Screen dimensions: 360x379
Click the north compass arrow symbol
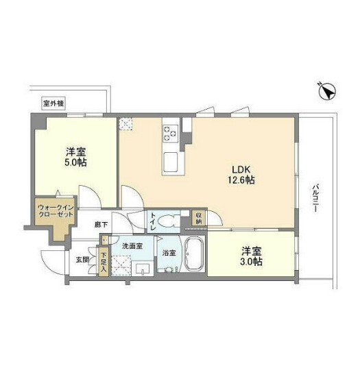click(x=327, y=91)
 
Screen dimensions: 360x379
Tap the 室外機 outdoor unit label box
click(x=53, y=103)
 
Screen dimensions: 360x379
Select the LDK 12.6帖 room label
click(x=241, y=175)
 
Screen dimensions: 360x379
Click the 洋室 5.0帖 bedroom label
click(x=75, y=157)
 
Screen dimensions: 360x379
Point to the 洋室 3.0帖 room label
click(x=252, y=256)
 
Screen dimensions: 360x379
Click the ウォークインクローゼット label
click(x=56, y=210)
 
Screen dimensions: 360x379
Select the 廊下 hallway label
click(x=101, y=225)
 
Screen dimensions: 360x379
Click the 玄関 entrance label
click(x=83, y=260)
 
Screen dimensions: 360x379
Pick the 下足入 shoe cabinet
click(x=104, y=262)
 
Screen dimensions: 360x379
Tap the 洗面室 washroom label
click(x=132, y=246)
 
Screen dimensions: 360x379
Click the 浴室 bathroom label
click(x=169, y=253)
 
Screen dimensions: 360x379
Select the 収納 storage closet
click(x=199, y=218)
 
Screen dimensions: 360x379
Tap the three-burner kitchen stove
click(x=171, y=134)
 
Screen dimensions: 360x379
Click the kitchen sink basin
click(x=171, y=162)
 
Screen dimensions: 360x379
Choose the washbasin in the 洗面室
click(x=143, y=269)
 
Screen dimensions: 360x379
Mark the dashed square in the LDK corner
click(x=125, y=124)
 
